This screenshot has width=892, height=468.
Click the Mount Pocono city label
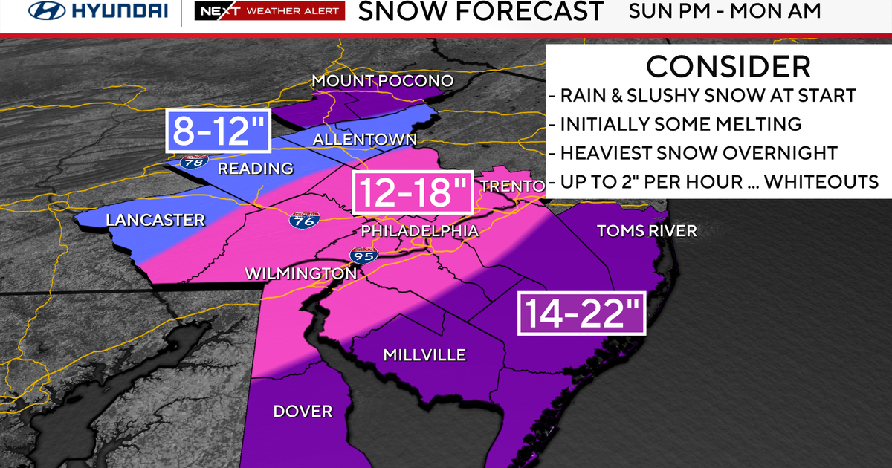[382, 80]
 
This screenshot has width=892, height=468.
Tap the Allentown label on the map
[364, 140]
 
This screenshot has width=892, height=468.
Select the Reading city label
[255, 169]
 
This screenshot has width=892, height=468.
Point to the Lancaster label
[155, 220]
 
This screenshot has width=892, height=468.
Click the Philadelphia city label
[419, 231]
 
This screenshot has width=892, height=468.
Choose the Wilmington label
[301, 274]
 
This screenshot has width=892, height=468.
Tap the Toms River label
[647, 231]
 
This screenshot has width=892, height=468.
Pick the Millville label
[424, 355]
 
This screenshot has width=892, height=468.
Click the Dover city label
[303, 411]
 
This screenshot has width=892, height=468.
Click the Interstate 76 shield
[300, 221]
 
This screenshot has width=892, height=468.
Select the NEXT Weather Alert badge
[270, 11]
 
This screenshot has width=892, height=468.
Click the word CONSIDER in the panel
[728, 67]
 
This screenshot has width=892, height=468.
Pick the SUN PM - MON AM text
[724, 11]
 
